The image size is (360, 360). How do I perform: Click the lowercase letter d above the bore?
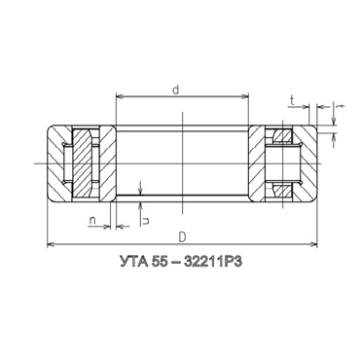(176, 90)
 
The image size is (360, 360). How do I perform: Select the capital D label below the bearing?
(182, 237)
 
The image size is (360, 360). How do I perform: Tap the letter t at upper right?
(292, 101)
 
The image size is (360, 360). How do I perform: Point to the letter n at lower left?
(92, 221)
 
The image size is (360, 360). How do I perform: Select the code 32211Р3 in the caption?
(213, 262)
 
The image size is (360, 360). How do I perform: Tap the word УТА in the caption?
(132, 262)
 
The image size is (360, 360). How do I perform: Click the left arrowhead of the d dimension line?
(120, 96)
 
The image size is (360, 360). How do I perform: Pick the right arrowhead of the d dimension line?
(244, 96)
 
